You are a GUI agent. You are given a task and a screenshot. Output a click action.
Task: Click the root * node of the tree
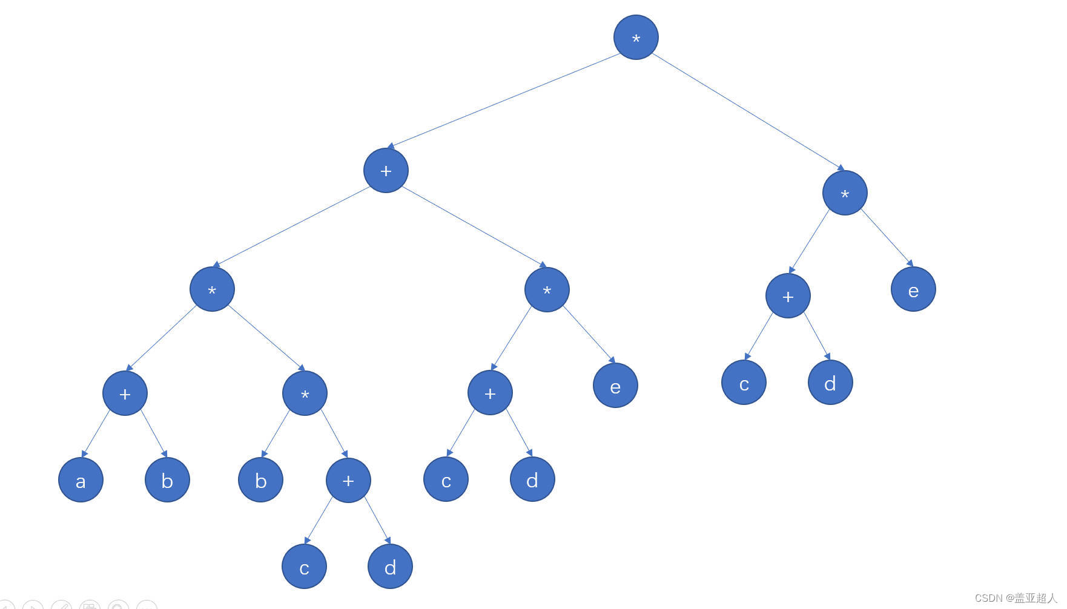pyautogui.click(x=636, y=38)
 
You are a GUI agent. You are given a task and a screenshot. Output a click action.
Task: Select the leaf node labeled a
pyautogui.click(x=81, y=480)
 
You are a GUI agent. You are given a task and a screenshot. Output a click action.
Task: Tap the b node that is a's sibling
pyautogui.click(x=167, y=480)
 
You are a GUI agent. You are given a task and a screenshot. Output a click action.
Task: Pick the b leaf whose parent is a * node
pyautogui.click(x=260, y=480)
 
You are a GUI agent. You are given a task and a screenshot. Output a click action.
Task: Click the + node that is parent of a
pyautogui.click(x=125, y=393)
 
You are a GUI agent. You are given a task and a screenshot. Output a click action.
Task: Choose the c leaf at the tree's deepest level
pyautogui.click(x=304, y=567)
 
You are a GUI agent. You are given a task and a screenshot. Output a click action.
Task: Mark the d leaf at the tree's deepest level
pyautogui.click(x=390, y=567)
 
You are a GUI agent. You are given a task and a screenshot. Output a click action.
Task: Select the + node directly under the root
pyautogui.click(x=386, y=171)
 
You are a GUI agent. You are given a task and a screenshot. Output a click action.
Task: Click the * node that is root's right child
pyautogui.click(x=845, y=193)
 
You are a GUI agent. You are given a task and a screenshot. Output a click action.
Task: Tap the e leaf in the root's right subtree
pyautogui.click(x=913, y=289)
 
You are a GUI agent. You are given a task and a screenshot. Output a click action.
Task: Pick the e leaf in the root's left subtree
pyautogui.click(x=615, y=386)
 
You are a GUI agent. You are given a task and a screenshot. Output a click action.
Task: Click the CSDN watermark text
pyautogui.click(x=1015, y=598)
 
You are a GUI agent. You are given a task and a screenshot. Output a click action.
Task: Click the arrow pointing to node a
pyautogui.click(x=96, y=433)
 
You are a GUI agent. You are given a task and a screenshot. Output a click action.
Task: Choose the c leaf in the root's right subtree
pyautogui.click(x=744, y=383)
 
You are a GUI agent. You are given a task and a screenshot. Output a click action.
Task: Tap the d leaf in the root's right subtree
pyautogui.click(x=830, y=383)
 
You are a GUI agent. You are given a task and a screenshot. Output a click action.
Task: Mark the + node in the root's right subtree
pyautogui.click(x=788, y=296)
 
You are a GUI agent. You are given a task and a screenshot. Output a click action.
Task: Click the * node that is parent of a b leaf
pyautogui.click(x=305, y=393)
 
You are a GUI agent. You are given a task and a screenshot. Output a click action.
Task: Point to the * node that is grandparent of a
pyautogui.click(x=212, y=289)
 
